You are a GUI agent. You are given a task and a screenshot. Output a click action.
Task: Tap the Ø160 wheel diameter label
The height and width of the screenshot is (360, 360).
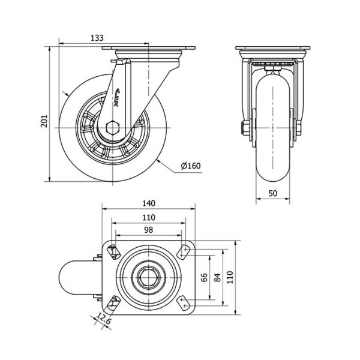190,166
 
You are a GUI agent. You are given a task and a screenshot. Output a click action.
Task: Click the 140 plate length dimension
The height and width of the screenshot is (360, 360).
149,203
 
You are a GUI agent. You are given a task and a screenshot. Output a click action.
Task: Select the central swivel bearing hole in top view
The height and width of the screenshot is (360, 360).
149,277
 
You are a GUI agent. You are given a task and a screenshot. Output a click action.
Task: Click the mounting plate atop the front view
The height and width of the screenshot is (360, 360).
274,49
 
